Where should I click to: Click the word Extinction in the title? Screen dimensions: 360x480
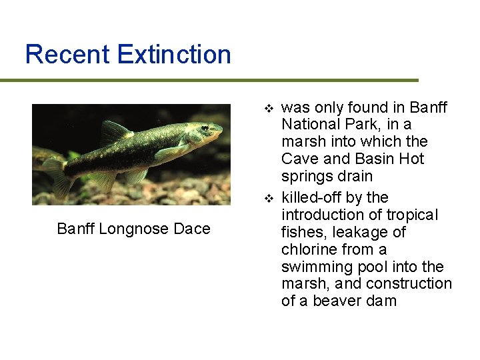174,54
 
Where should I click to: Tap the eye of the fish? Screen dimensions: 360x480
205,127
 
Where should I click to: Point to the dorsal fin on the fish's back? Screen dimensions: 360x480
113,131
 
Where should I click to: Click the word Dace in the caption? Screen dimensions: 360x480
193,229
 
